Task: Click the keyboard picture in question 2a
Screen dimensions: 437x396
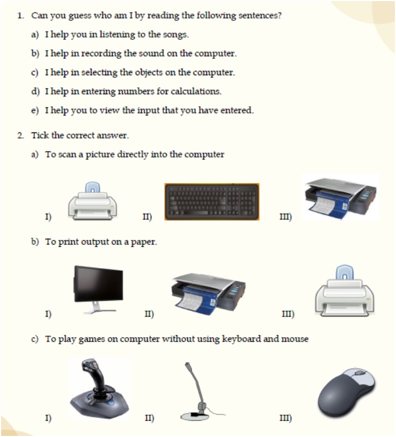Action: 212,202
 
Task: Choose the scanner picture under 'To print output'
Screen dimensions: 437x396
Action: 208,293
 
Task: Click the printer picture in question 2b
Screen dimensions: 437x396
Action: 344,292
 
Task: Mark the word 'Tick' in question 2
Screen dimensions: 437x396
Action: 40,135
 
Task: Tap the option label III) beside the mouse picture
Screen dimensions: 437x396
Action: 285,418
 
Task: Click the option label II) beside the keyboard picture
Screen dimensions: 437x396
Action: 147,217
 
